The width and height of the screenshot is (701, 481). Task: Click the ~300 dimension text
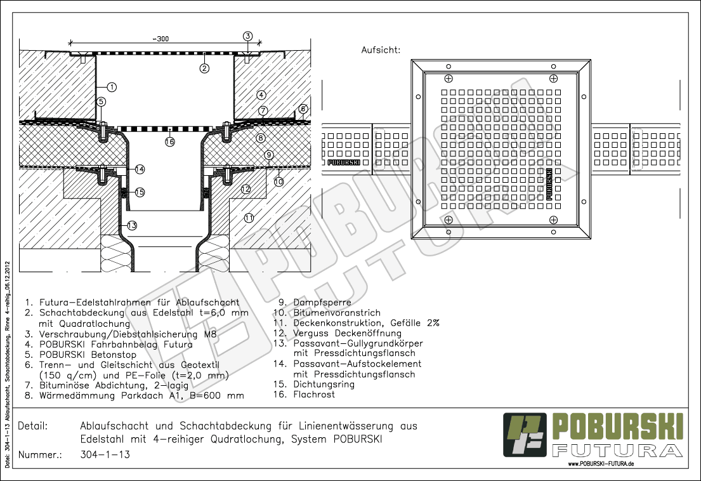click(161, 39)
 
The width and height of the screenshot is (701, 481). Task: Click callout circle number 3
click(247, 36)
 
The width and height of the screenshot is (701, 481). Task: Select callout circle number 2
click(204, 69)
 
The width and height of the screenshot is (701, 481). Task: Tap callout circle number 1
click(112, 87)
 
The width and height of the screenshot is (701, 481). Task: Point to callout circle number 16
click(170, 142)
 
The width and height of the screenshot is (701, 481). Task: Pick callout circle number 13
click(131, 225)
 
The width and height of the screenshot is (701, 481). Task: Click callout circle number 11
click(249, 218)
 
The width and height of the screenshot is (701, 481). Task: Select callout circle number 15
click(140, 192)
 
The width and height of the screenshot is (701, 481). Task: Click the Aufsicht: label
click(381, 50)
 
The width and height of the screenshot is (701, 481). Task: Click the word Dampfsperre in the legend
click(322, 303)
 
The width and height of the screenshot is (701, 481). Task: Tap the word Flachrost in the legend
click(314, 395)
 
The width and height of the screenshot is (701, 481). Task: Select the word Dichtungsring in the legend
click(324, 385)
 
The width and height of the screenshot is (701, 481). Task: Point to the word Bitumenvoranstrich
click(337, 313)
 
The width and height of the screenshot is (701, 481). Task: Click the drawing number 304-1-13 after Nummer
click(105, 454)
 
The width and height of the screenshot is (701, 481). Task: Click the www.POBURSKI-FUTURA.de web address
click(601, 464)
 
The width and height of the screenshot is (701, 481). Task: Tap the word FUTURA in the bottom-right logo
click(617, 450)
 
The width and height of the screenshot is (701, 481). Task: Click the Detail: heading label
click(32, 426)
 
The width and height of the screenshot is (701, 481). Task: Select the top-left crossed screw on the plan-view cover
click(449, 79)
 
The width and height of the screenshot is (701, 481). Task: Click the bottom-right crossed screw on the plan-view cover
click(553, 220)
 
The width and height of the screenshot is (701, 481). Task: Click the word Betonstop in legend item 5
click(114, 355)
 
